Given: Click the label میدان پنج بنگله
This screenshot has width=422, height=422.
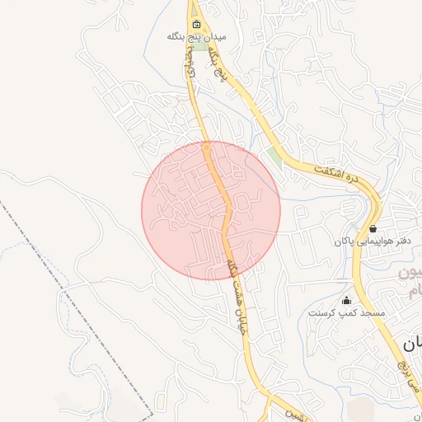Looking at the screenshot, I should pos(195,37).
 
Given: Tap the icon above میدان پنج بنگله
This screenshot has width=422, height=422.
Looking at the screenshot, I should pos(196,24).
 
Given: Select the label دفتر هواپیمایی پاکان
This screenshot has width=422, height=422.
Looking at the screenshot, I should pos(373,241).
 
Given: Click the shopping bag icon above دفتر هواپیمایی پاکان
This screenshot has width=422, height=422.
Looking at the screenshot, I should pos(373,228).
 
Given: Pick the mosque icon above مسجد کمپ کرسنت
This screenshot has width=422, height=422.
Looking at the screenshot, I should pos(346,300).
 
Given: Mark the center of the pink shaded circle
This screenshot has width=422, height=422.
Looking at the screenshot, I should pos(211,211).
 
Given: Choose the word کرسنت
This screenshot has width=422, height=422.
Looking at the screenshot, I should pos(321,313).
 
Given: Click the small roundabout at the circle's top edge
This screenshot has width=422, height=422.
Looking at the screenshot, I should pos(207,147).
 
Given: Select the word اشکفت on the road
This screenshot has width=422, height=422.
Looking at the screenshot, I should pos(328,171).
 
